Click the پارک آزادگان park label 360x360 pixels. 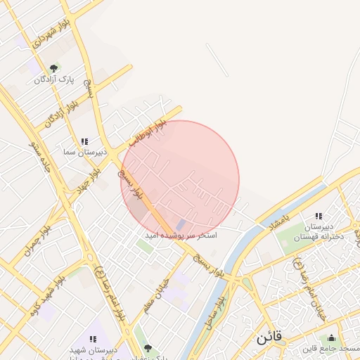tap(53, 80)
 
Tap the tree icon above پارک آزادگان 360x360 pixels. tap(53, 68)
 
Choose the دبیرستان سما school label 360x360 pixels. tap(84, 152)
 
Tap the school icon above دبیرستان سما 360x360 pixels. tap(84, 141)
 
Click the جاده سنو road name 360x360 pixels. tap(36, 153)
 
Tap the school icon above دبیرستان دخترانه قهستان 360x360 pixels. tap(319, 217)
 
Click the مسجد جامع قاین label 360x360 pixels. tap(331, 349)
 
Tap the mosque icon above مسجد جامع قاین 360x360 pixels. tap(332, 338)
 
